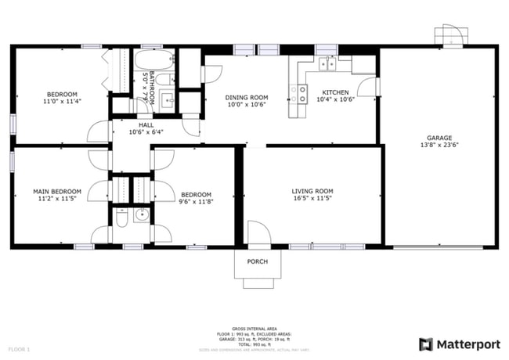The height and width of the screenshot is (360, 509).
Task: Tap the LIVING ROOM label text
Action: coord(312,191)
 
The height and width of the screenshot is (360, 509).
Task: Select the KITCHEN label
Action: coord(335,92)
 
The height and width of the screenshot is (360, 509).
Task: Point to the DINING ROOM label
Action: coord(247,98)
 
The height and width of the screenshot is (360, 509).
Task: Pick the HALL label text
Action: coord(146,124)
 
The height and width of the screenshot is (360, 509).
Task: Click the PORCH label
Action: coord(258,261)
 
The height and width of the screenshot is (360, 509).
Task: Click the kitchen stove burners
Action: coord(299,95)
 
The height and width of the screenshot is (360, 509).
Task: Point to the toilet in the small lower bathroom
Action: coord(121,217)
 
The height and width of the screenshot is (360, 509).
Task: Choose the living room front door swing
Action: coord(258,233)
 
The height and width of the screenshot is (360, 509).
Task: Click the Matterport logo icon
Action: coord(426,344)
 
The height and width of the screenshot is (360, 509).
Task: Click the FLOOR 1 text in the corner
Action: coord(19,348)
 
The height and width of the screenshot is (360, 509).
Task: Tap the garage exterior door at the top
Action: coord(452,35)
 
